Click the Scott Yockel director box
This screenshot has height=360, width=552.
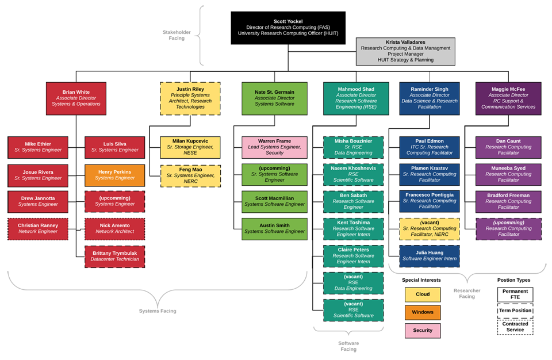tap(288, 28)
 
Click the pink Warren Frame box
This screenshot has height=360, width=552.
tap(274, 147)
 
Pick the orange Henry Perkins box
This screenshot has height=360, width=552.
tap(114, 175)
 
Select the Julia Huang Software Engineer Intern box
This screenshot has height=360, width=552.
tap(430, 255)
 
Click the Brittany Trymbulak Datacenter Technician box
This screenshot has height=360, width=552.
tap(114, 256)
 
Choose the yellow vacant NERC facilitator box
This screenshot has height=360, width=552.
tap(430, 228)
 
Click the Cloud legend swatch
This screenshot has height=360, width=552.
tap(422, 295)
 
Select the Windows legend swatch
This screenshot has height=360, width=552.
tap(422, 312)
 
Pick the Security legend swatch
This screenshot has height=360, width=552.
tap(422, 331)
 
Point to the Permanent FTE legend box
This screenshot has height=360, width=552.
tap(515, 295)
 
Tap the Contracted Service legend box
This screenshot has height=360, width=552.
tap(515, 327)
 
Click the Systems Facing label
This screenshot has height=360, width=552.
tap(158, 311)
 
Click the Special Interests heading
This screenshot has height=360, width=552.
tap(421, 280)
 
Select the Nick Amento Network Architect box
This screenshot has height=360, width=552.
tap(114, 228)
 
